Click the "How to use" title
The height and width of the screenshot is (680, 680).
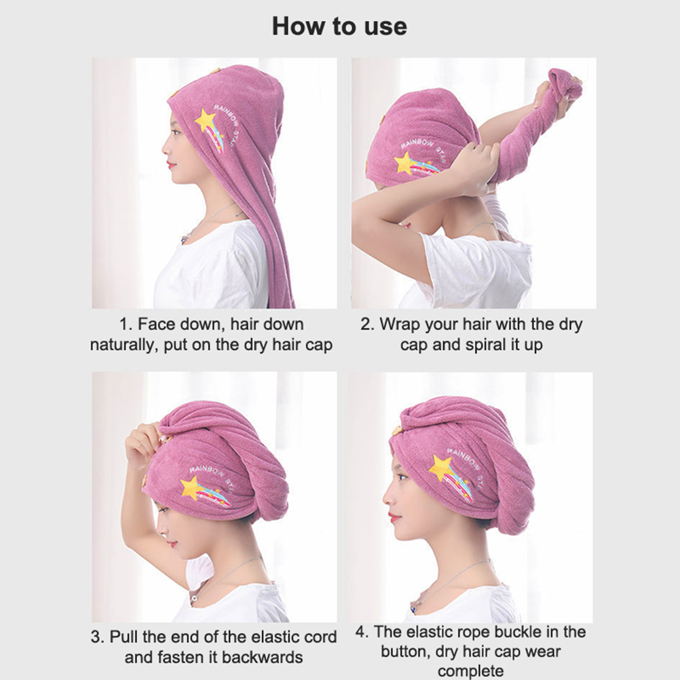[x=339, y=26]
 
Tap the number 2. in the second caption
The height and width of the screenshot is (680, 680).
[x=367, y=324]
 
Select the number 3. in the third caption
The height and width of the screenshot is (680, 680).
[x=98, y=637]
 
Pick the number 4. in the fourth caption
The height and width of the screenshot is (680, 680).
[x=362, y=632]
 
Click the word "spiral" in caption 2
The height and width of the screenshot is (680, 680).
[x=483, y=345]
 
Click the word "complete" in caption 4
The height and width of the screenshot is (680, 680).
[x=470, y=671]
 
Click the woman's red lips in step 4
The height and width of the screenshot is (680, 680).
[x=394, y=517]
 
